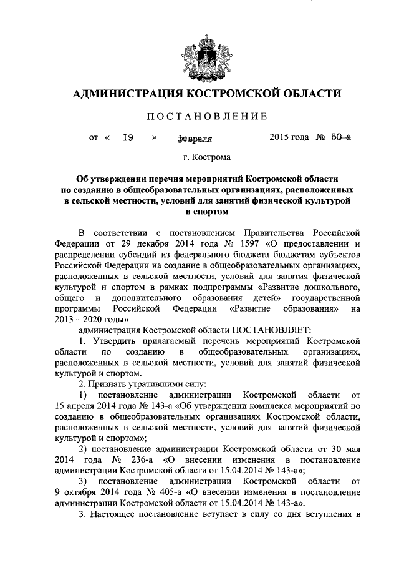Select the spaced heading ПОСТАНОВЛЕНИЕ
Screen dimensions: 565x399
point(206,116)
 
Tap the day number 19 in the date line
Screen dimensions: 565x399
point(129,139)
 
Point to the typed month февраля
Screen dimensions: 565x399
point(195,139)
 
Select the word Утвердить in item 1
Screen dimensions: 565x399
point(115,341)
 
